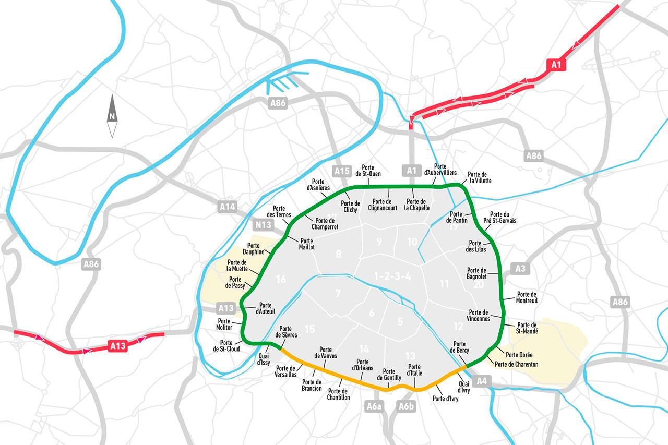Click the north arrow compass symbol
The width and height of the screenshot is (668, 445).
point(112,116)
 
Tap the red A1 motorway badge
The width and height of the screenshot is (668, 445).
point(556,65)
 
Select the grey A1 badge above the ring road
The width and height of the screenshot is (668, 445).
point(412,170)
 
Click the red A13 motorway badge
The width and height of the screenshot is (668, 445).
point(118,346)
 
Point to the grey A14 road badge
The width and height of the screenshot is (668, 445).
point(227,207)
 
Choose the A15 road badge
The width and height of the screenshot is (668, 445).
point(342,171)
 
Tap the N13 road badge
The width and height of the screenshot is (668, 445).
point(263,225)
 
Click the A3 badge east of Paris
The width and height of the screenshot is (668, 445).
point(520,269)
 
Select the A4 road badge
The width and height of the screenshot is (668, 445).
point(482,381)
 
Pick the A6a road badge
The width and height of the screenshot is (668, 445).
point(374,406)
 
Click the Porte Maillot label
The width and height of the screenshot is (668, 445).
point(307,244)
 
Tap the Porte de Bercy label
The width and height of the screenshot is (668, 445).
point(459,347)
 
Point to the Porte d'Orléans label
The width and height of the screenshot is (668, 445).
point(362,365)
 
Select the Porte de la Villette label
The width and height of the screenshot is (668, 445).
point(479,177)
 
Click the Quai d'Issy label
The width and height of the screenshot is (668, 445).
point(264,358)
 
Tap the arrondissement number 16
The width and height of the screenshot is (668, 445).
point(281,279)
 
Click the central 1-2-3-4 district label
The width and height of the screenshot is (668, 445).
point(392,276)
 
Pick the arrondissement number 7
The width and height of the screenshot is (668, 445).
point(338,293)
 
